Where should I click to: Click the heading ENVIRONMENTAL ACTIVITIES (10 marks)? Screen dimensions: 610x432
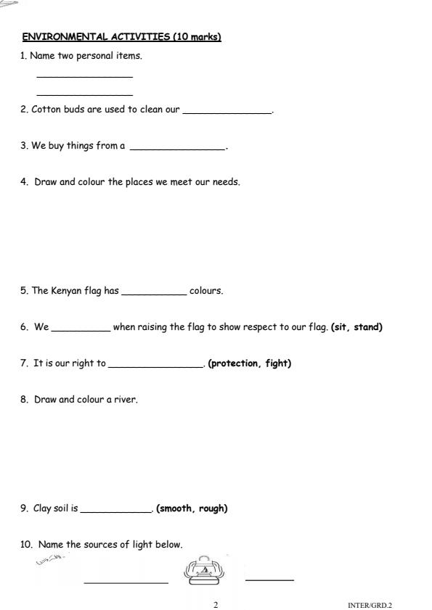121,37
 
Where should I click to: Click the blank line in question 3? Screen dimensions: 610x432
177,149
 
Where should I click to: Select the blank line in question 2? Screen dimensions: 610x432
227,112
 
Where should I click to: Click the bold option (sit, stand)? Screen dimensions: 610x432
356,327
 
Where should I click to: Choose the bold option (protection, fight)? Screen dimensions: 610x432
249,363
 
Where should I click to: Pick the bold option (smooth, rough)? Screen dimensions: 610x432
192,508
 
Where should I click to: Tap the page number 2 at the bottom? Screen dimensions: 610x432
216,604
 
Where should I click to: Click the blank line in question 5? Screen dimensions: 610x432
154,294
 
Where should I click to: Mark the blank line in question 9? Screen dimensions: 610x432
116,511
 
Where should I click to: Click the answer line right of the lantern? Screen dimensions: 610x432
269,580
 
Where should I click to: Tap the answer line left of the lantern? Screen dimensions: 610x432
126,582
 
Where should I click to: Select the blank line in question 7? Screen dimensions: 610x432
155,366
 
